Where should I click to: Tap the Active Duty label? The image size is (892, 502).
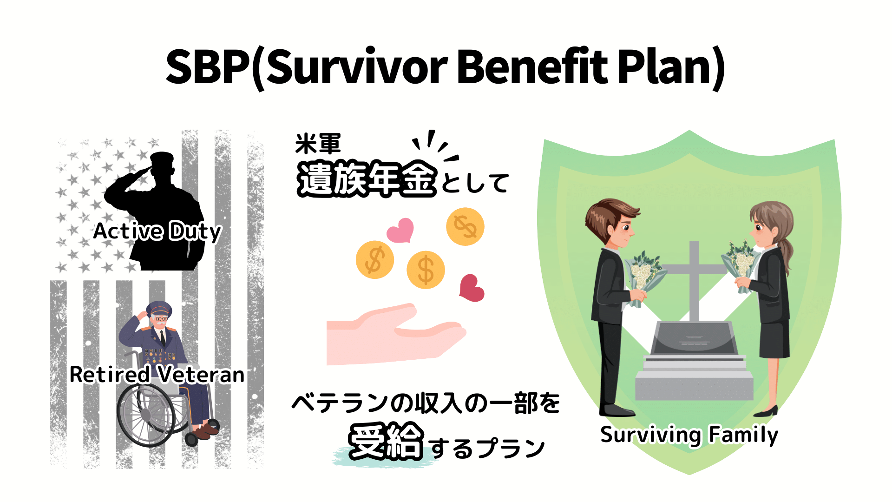[x=157, y=231]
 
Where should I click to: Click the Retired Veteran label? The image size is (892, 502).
[x=157, y=375]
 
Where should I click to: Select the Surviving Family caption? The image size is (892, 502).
[x=689, y=435]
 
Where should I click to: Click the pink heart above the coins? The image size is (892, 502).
[x=400, y=230]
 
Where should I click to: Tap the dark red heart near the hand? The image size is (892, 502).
[x=471, y=288]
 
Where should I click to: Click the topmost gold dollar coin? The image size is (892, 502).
[x=465, y=226]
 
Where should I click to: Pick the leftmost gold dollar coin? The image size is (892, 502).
[x=374, y=260]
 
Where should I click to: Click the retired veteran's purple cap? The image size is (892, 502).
[x=159, y=308]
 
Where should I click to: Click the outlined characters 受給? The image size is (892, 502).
[x=386, y=442]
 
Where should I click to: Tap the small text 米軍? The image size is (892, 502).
[x=318, y=144]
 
